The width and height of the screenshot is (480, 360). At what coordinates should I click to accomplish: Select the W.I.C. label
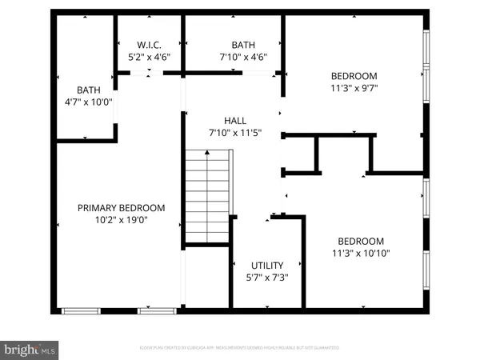(150, 45)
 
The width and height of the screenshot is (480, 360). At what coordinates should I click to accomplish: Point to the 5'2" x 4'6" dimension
(150, 57)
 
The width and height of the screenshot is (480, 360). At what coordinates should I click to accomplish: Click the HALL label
(234, 120)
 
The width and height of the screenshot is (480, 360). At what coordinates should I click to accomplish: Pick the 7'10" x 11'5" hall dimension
(234, 132)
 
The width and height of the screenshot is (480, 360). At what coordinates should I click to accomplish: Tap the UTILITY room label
(266, 265)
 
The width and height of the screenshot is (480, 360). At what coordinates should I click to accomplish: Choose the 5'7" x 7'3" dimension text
(266, 277)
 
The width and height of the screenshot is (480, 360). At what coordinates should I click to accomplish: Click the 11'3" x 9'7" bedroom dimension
(353, 90)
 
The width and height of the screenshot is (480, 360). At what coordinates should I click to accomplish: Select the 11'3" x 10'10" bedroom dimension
(360, 253)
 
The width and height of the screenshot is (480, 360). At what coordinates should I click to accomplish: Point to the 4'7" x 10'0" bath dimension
(89, 102)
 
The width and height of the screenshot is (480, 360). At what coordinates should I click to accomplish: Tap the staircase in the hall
(208, 196)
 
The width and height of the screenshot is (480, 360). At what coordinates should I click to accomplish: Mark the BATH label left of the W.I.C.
(89, 90)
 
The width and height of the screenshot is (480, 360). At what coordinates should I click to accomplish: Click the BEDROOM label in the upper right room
(353, 77)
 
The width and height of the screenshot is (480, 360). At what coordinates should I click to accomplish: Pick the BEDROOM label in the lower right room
(360, 241)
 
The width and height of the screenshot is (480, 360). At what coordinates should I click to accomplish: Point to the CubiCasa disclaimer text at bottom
(240, 348)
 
